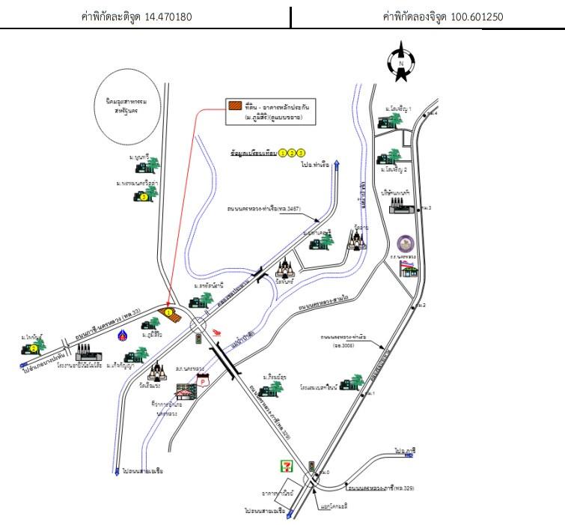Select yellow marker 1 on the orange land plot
[x=169, y=312]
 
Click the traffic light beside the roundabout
[x=199, y=339]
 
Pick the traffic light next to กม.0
[x=311, y=466]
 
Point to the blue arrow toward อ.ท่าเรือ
[x=337, y=165]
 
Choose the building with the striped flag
[x=409, y=268]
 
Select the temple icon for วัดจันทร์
[x=287, y=267]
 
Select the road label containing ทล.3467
[x=264, y=208]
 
